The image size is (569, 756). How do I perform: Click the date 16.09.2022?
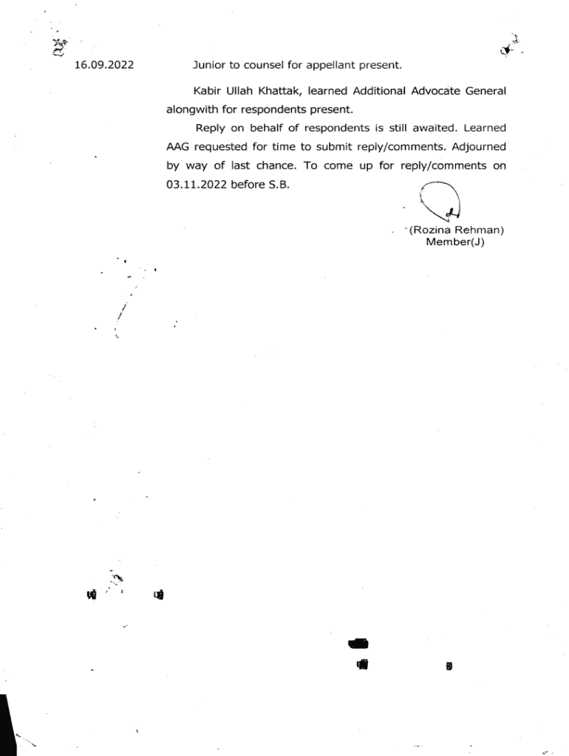pyautogui.click(x=104, y=65)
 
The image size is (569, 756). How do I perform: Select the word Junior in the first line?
pyautogui.click(x=209, y=65)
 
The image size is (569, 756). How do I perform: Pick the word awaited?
pyautogui.click(x=435, y=128)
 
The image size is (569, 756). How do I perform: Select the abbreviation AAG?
pyautogui.click(x=178, y=147)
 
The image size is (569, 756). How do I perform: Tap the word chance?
pyautogui.click(x=270, y=166)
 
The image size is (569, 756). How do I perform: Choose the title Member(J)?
pyautogui.click(x=454, y=241)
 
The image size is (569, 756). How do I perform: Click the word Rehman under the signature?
pyautogui.click(x=480, y=230)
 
